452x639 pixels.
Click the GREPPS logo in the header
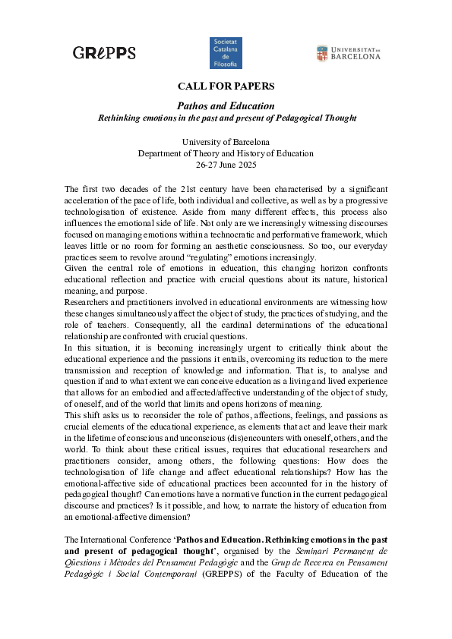tap(104, 53)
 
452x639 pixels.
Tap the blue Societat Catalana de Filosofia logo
tap(225, 53)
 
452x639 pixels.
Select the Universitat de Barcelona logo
tap(348, 53)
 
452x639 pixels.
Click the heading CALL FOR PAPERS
tap(226, 87)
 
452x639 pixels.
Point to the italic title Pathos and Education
tap(226, 105)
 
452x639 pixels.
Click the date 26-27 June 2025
tap(226, 164)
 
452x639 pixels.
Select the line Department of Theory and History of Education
tap(226, 153)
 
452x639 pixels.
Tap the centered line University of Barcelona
tap(226, 143)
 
